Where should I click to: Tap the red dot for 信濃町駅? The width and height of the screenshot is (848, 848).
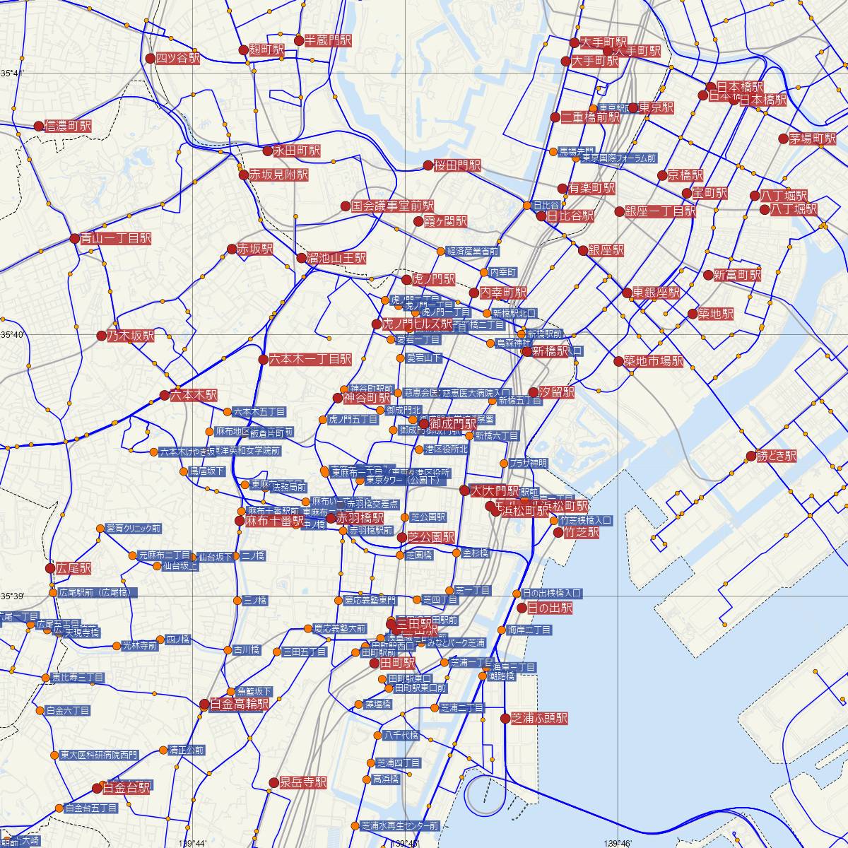[x=39, y=126]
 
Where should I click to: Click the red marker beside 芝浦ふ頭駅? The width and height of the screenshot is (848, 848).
[x=505, y=719]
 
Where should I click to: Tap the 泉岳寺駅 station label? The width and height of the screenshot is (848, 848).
[x=303, y=782]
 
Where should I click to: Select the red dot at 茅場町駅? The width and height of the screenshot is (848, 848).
[x=783, y=139]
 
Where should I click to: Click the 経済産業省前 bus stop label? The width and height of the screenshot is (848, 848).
[x=473, y=251]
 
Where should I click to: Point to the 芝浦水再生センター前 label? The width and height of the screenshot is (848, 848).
[x=399, y=825]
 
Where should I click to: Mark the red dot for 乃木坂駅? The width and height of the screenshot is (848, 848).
[x=102, y=336]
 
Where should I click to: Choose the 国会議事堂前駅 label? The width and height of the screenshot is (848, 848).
[x=393, y=206]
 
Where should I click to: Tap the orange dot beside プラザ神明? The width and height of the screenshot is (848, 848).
[x=503, y=464]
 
